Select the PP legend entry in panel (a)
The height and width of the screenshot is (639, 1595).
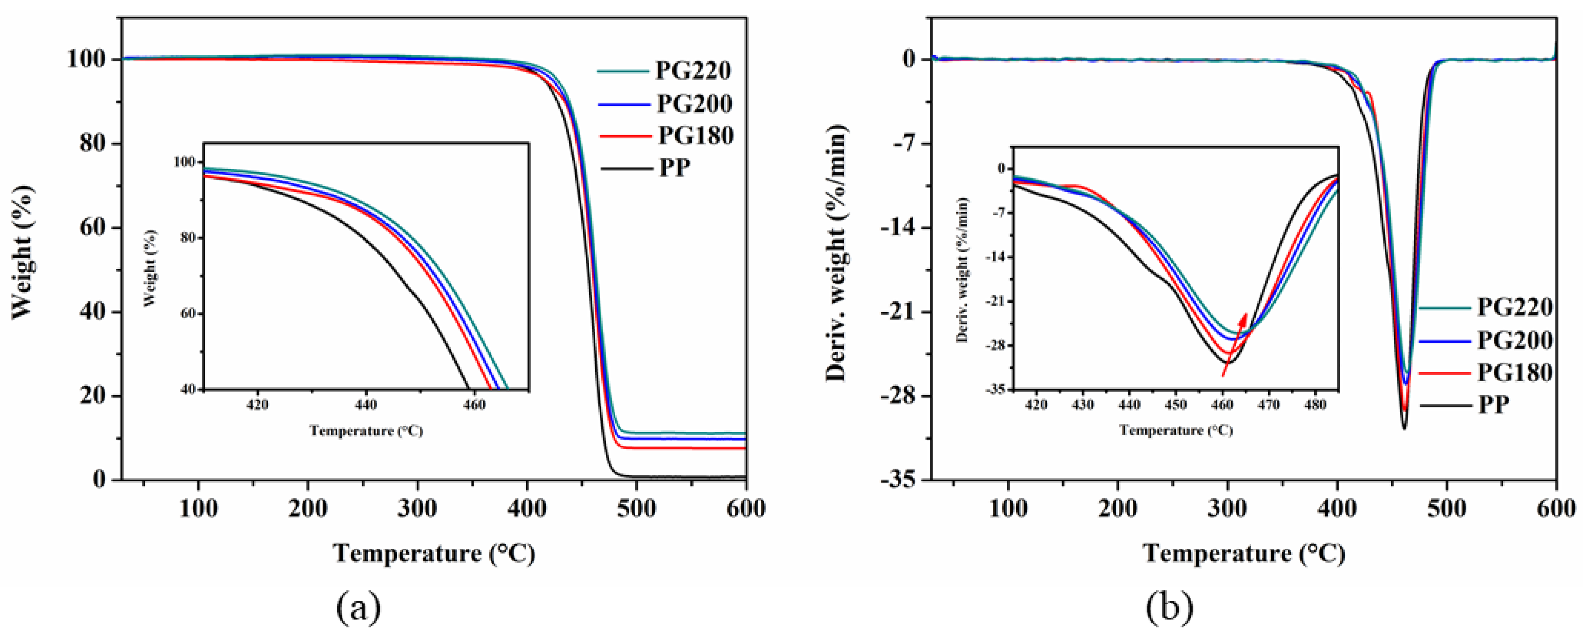click(x=674, y=168)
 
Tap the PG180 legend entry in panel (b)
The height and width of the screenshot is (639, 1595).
click(x=1514, y=373)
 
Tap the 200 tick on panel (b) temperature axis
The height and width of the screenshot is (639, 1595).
click(x=1118, y=509)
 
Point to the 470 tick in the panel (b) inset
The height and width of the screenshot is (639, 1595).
click(x=1269, y=405)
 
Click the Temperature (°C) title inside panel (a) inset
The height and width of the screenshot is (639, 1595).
click(x=366, y=430)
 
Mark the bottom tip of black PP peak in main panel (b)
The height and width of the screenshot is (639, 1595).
click(x=1404, y=428)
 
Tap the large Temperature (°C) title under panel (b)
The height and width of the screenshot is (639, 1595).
click(x=1244, y=553)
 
